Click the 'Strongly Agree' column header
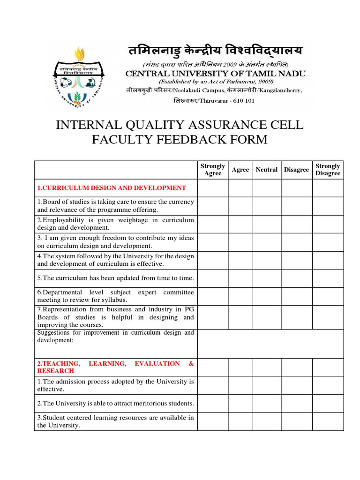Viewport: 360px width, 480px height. [213, 170]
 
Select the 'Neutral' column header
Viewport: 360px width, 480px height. [267, 170]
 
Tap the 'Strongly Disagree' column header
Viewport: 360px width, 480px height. [328, 170]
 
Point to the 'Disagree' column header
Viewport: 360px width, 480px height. [296, 170]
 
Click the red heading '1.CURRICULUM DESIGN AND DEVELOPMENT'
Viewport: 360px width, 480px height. [112, 188]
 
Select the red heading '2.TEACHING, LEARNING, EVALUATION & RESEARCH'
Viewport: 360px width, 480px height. [115, 367]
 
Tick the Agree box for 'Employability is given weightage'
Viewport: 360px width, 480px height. [240, 224]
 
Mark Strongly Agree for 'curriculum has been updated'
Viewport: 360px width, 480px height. [213, 278]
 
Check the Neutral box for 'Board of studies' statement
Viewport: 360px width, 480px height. [267, 205]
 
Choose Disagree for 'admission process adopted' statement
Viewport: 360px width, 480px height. [296, 385]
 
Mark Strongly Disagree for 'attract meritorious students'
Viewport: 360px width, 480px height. [328, 403]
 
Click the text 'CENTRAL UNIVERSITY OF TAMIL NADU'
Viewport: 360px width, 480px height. [215, 73]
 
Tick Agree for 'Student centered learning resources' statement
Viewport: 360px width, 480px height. [240, 421]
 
